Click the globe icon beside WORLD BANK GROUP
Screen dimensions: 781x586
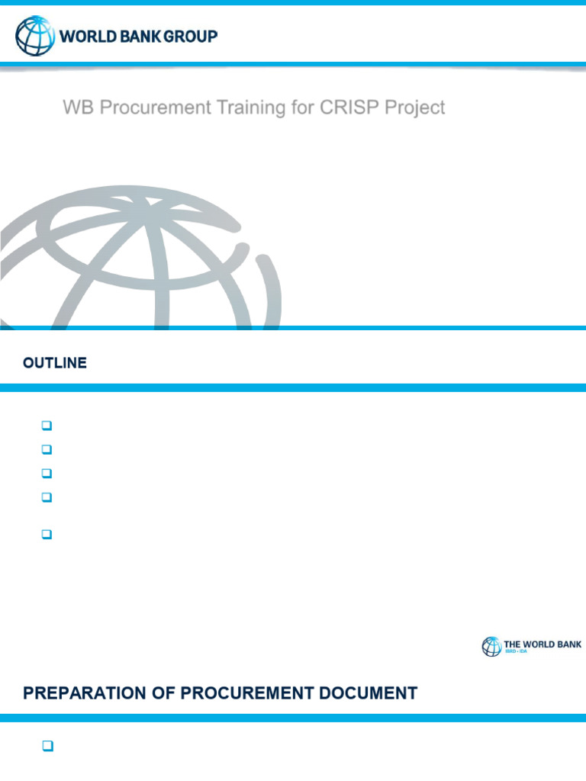pos(35,36)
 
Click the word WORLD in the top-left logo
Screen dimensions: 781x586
pos(85,36)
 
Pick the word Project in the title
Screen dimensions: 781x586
pos(415,108)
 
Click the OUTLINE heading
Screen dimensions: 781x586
pos(55,364)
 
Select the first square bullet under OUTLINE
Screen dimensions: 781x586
pos(46,425)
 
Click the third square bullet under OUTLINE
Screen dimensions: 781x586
pos(46,474)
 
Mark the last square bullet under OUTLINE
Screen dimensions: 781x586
pos(46,535)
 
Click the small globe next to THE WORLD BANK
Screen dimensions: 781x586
pos(491,647)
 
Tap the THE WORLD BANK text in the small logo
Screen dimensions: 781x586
pos(543,644)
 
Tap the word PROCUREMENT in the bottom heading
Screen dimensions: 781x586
pos(243,693)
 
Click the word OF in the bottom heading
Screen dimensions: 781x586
pos(162,693)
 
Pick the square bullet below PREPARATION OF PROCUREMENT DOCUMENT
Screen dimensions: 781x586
pos(46,747)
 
